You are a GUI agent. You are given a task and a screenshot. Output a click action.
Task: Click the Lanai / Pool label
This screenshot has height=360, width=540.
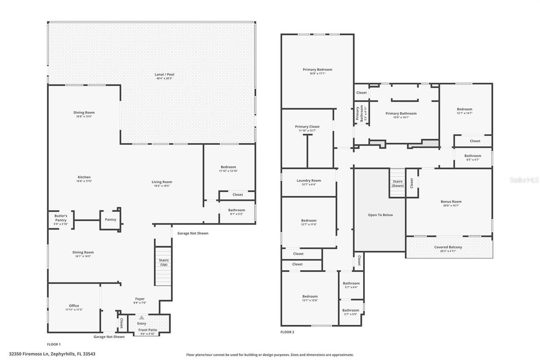(164, 75)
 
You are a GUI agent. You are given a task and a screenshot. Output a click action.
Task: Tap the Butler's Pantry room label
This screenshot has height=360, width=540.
(61, 218)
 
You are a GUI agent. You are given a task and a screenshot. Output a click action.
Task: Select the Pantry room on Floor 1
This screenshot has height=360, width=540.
(110, 219)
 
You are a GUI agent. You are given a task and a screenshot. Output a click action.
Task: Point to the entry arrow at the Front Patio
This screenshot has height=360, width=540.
(142, 317)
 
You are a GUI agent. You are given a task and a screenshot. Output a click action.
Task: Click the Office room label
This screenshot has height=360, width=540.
(74, 306)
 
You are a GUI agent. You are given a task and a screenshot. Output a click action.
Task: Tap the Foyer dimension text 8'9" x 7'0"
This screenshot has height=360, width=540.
(140, 303)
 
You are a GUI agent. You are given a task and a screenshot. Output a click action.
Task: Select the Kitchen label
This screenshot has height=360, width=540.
(84, 177)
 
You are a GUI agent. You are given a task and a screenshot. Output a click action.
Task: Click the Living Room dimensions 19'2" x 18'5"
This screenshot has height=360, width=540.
(162, 186)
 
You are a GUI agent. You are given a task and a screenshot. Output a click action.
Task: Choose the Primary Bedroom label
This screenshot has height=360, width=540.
(317, 70)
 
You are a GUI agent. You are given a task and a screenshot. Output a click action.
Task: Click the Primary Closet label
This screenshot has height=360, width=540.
(307, 127)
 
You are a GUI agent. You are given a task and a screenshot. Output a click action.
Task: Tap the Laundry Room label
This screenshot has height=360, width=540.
(309, 181)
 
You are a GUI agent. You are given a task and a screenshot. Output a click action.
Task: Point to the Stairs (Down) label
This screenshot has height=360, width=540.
(397, 184)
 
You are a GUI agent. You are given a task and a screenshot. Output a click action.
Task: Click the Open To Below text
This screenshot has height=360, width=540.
(380, 215)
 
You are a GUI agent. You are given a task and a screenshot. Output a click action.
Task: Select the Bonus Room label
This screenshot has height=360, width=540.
(451, 202)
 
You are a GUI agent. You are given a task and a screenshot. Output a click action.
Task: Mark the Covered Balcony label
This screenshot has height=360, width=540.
(448, 247)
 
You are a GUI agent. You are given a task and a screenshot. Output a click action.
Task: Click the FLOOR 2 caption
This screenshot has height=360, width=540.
(287, 332)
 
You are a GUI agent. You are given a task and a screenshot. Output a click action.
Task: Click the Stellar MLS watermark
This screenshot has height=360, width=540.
(524, 180)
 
